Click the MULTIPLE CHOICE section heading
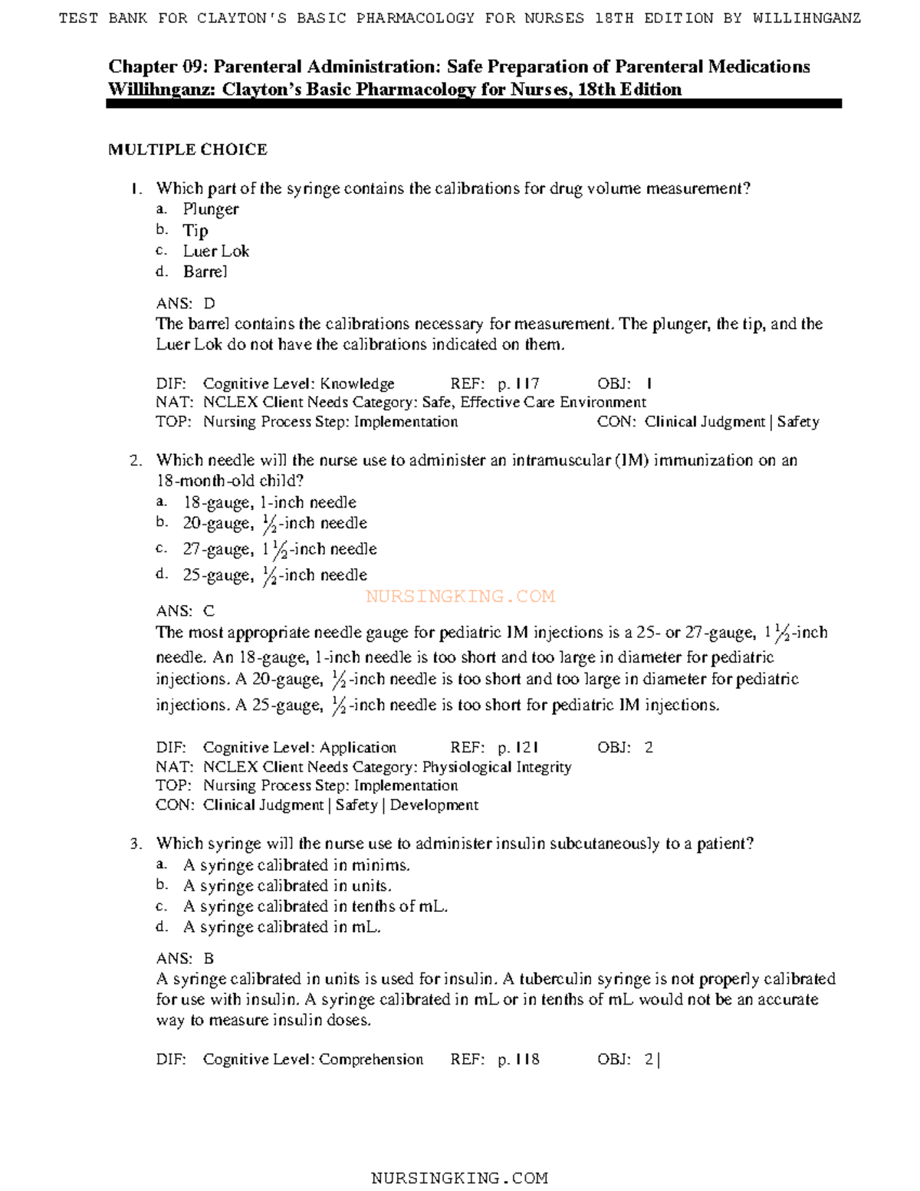188,150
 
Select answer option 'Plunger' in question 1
210,209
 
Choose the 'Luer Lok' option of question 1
215,251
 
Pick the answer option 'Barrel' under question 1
205,271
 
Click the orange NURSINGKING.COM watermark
460,596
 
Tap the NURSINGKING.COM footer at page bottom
459,1178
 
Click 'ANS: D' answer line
186,304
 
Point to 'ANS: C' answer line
186,611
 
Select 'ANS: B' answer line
186,959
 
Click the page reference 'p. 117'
518,383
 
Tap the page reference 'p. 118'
518,1060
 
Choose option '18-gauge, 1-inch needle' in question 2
269,502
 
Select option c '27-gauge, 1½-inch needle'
279,549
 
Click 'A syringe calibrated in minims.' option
296,865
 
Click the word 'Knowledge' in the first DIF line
356,383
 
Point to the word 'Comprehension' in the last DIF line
371,1060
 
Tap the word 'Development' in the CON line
434,805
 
